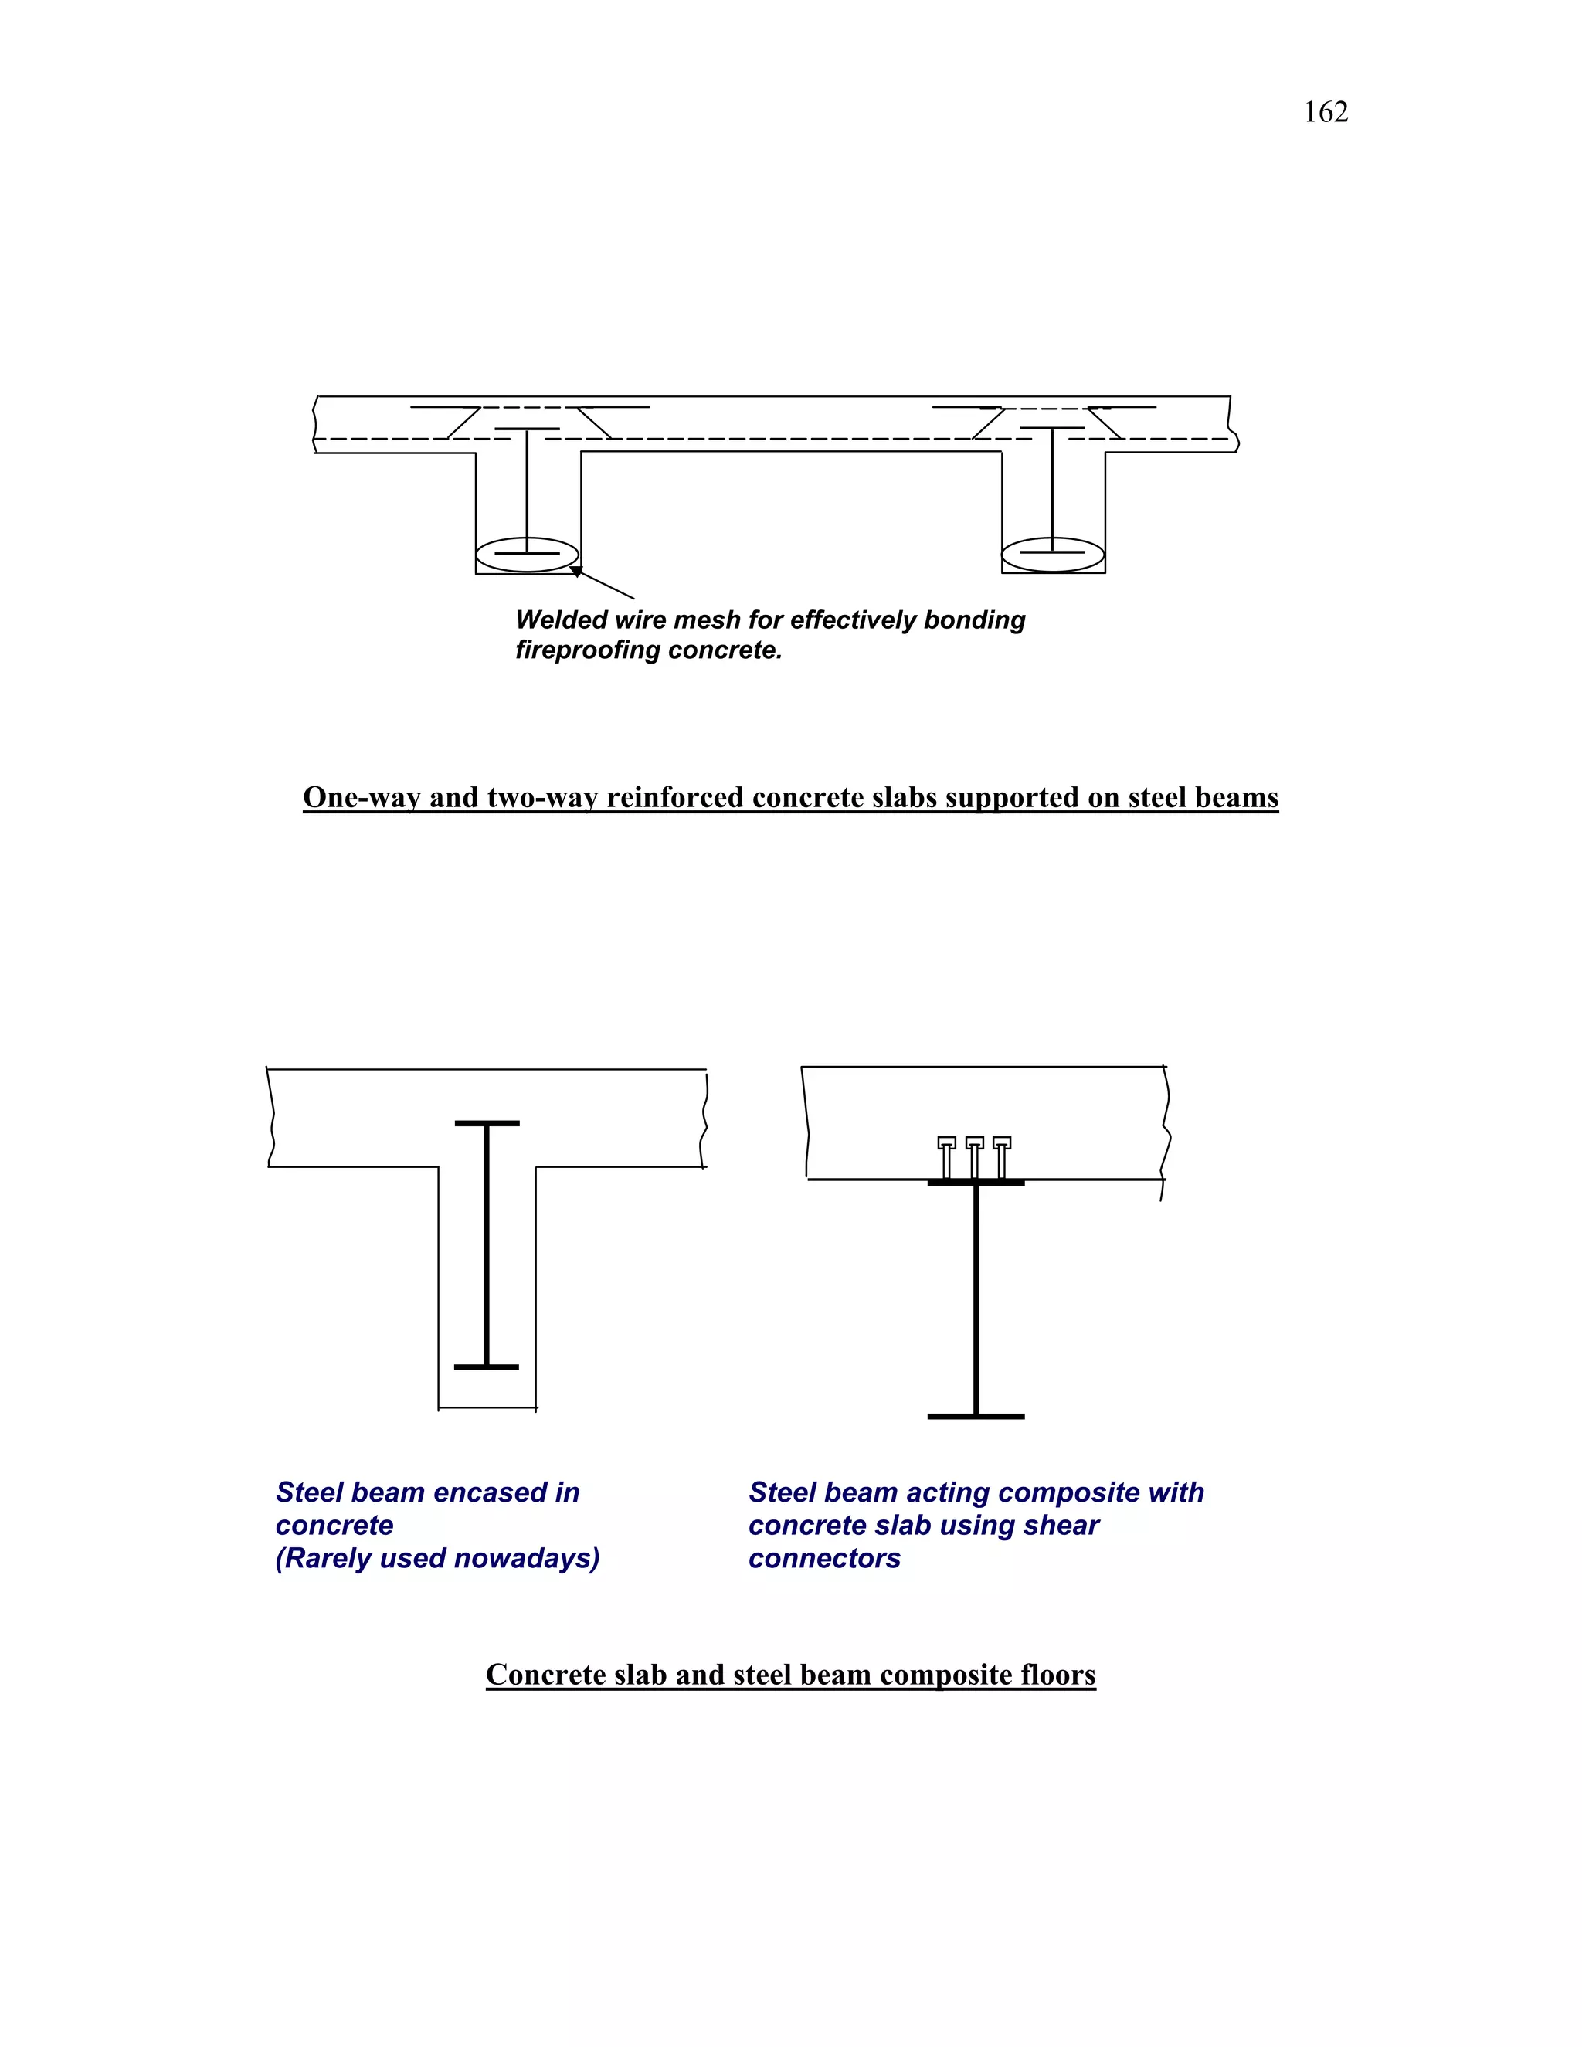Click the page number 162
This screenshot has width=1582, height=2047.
coord(1326,113)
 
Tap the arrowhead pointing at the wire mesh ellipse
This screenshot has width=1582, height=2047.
coord(576,571)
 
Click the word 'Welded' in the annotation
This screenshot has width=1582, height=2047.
coord(561,620)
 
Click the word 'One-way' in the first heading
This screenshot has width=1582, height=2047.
coord(362,798)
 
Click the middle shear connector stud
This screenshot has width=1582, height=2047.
coord(975,1159)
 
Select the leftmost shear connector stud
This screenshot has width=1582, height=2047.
coord(946,1159)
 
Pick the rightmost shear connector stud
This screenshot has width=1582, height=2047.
coord(1002,1159)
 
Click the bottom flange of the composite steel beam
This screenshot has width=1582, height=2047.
coord(976,1416)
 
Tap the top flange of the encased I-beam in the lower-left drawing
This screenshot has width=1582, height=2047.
coord(487,1123)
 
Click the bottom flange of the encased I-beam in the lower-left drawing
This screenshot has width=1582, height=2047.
coord(487,1366)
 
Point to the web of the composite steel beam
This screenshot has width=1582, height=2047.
coord(976,1303)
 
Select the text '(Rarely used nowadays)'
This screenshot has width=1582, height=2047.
coord(436,1558)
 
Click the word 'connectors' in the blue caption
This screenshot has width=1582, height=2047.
coord(823,1558)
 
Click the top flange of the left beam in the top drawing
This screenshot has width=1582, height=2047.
coord(527,429)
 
